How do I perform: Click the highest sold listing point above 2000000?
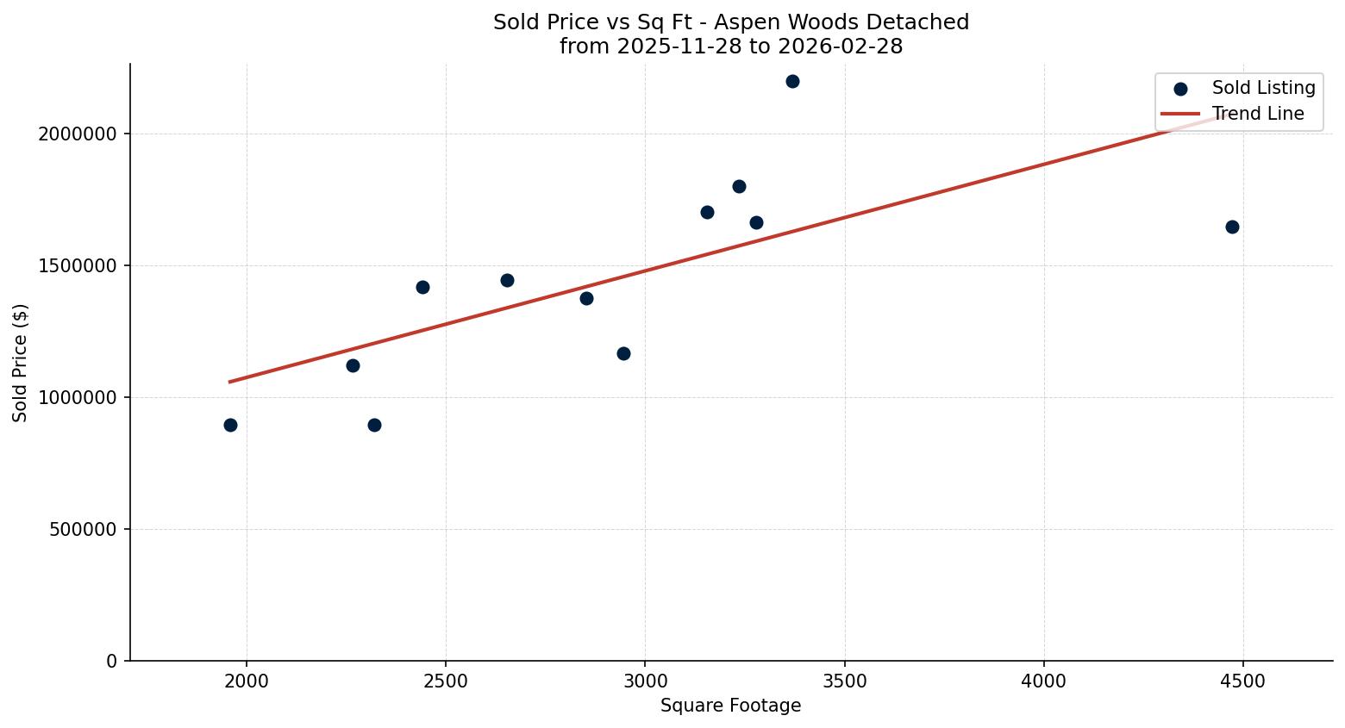[792, 82]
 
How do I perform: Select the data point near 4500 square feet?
[1232, 227]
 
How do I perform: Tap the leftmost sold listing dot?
[230, 426]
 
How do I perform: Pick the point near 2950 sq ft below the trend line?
[623, 354]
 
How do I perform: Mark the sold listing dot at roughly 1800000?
[739, 187]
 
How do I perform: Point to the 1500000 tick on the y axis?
[78, 266]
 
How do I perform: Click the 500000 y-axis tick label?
[83, 530]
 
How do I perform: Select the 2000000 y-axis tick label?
[78, 134]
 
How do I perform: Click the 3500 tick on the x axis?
[844, 682]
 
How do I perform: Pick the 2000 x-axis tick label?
[247, 682]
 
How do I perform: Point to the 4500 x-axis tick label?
[1243, 682]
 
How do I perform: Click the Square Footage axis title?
[730, 706]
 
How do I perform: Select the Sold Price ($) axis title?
[21, 363]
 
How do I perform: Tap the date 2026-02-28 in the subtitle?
[840, 47]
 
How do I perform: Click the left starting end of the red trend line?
[230, 382]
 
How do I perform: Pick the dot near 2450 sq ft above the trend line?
[422, 288]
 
